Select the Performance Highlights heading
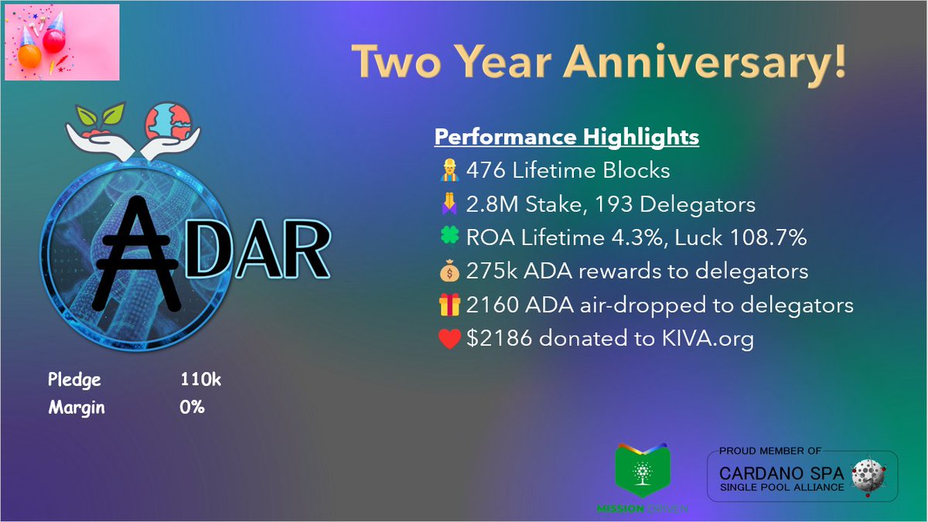coord(566,138)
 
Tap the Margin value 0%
coord(192,407)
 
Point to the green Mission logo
coord(639,474)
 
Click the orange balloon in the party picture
coord(29,58)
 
